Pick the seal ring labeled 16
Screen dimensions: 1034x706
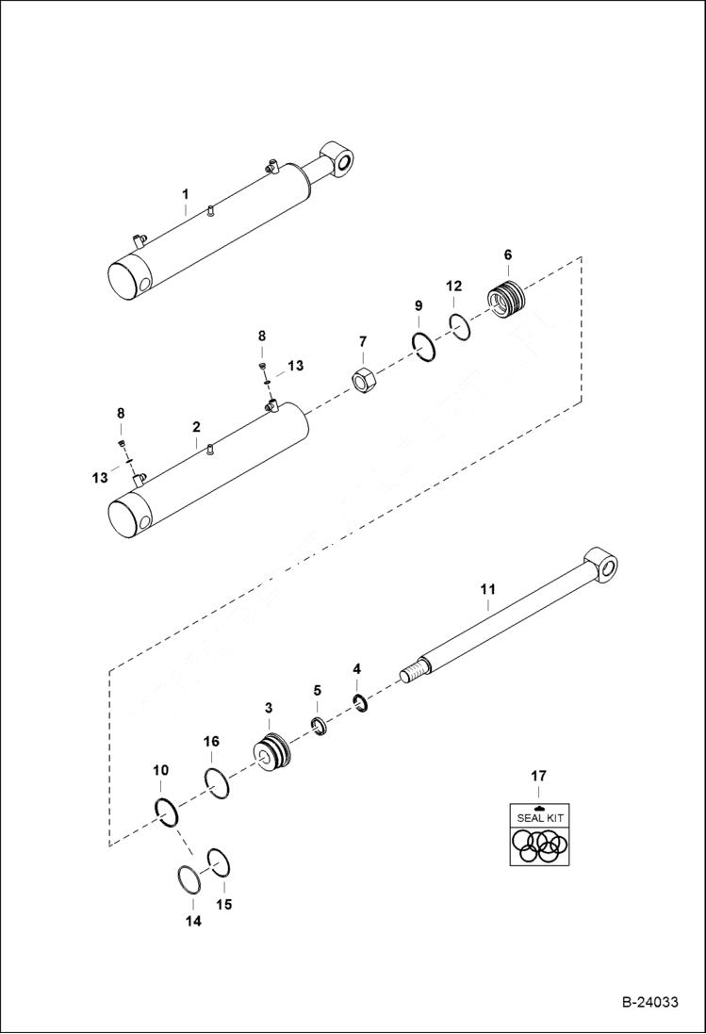click(x=216, y=782)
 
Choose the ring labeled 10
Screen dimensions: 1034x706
click(x=166, y=812)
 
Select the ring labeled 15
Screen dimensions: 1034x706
click(x=220, y=862)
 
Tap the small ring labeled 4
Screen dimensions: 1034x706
click(x=359, y=702)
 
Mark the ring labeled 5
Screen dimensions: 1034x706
click(x=320, y=727)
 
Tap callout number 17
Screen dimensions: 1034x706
click(x=537, y=777)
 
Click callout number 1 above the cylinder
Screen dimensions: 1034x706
click(x=186, y=195)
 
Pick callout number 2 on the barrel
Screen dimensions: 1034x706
click(x=196, y=427)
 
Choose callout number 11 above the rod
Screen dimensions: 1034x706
click(x=487, y=589)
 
